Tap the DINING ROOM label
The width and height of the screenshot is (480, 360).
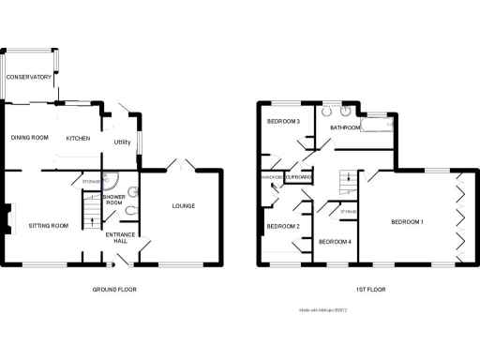(29, 138)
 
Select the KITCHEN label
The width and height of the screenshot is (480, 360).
(78, 138)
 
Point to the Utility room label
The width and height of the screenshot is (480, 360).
(122, 142)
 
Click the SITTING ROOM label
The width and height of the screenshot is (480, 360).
(48, 226)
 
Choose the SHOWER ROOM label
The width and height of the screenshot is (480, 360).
(114, 199)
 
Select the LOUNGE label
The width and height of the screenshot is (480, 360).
(183, 205)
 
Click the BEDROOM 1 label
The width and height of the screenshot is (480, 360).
(408, 221)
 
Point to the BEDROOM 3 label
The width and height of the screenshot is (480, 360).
(283, 122)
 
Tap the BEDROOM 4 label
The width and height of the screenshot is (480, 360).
(335, 242)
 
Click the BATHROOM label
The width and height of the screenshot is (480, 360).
(345, 127)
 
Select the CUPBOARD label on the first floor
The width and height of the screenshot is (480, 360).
(299, 176)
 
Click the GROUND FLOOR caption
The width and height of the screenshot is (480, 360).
(114, 290)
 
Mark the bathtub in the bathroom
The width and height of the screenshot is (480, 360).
(379, 123)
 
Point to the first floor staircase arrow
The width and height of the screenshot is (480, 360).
(349, 178)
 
